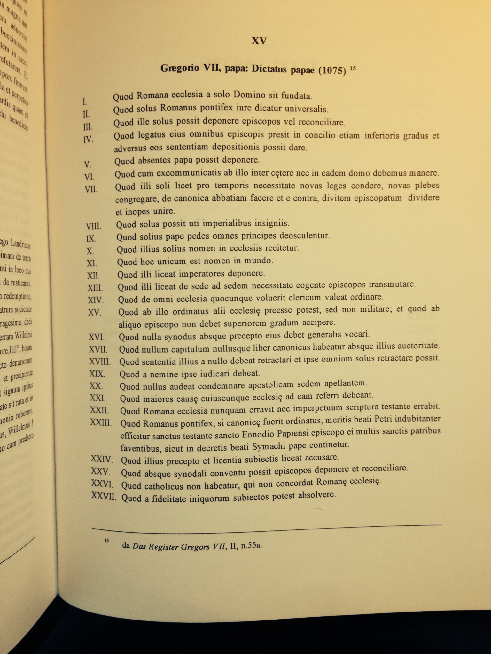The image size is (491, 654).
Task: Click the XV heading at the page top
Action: coord(259,41)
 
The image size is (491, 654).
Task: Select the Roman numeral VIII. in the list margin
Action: coord(93,226)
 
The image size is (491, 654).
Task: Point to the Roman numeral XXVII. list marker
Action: coord(103,496)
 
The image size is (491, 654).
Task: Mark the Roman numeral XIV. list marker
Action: coord(95,300)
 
